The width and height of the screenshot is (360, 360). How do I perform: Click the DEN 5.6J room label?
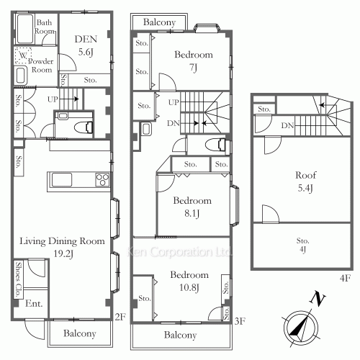click(x=86, y=45)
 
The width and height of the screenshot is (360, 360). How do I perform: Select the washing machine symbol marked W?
click(x=23, y=55)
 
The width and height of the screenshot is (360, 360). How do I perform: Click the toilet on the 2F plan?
click(x=84, y=127)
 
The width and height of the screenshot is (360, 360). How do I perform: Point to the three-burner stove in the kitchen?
click(x=102, y=179)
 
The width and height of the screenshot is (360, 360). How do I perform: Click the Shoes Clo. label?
click(x=18, y=279)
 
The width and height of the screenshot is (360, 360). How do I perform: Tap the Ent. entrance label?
click(x=34, y=303)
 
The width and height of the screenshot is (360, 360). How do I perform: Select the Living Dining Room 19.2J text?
click(x=62, y=247)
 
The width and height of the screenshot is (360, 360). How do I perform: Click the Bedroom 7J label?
click(x=194, y=61)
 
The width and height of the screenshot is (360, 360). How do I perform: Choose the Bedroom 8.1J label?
click(x=192, y=207)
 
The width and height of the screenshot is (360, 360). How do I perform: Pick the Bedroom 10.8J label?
click(x=189, y=281)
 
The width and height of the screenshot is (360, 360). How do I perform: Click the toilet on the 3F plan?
click(x=216, y=145)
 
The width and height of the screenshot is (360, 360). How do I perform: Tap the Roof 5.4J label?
click(x=305, y=181)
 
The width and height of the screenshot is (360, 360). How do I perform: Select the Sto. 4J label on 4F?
click(x=302, y=245)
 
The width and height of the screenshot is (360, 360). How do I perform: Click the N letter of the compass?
click(x=318, y=299)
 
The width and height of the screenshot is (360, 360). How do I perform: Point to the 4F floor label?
click(x=345, y=278)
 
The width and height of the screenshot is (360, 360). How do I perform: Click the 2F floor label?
click(x=120, y=317)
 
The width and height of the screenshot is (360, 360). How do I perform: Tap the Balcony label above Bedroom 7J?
click(x=159, y=22)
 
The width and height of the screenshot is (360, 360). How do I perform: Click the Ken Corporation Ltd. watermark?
click(x=179, y=252)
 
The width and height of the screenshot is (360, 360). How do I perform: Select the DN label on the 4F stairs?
click(x=287, y=125)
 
